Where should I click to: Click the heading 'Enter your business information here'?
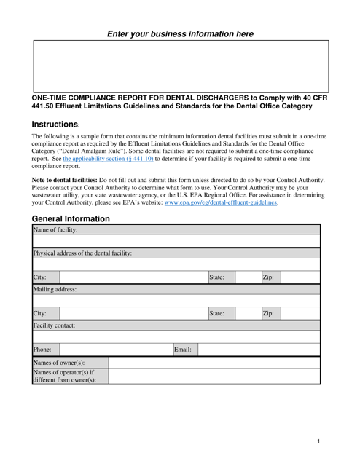180,33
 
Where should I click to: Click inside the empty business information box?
180,66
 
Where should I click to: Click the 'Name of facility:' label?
53,230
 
